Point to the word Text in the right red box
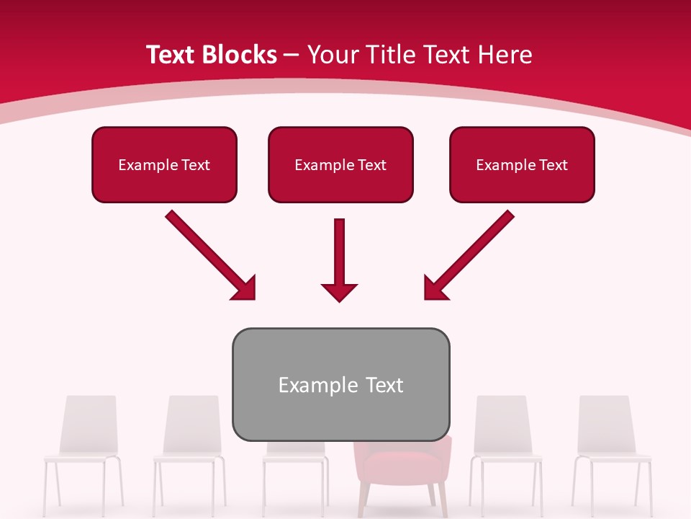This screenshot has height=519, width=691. pos(554,165)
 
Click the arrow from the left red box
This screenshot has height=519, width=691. pos(209,254)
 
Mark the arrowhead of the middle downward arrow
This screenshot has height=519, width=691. pos(340,292)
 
